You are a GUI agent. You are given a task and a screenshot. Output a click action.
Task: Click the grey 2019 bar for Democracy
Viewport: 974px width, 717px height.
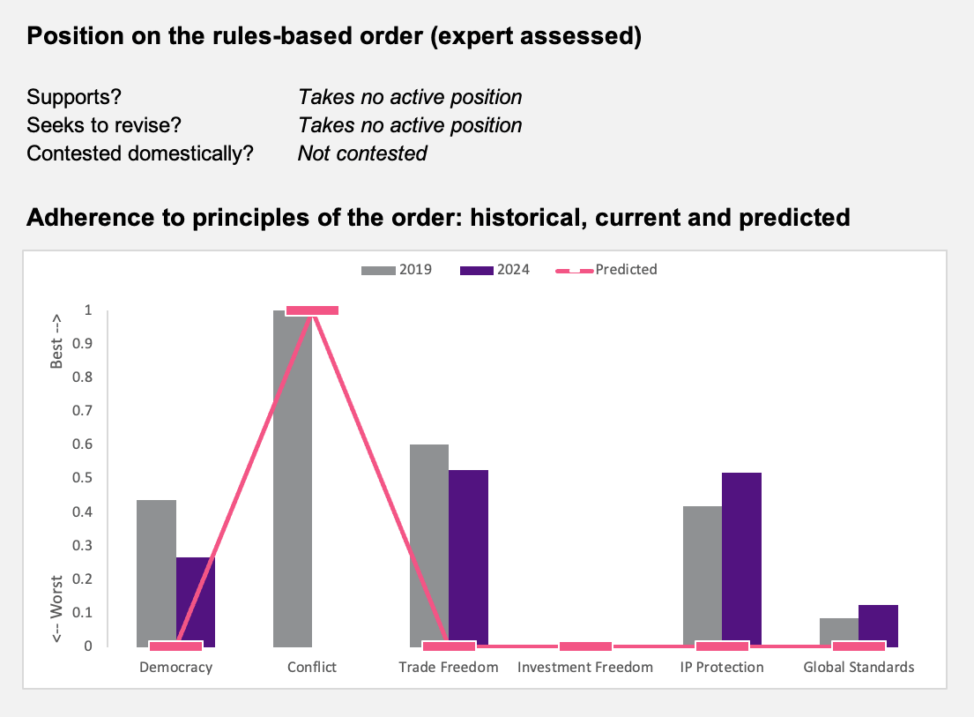tap(157, 573)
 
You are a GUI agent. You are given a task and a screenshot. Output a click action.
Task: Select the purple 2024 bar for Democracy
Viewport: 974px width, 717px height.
tap(196, 601)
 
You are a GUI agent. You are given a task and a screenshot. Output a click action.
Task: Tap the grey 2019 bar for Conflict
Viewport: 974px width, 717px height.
tap(293, 478)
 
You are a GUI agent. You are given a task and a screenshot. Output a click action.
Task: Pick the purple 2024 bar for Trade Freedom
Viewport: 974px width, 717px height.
tap(468, 558)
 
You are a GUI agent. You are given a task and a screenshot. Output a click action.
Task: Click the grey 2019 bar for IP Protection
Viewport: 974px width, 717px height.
tap(703, 576)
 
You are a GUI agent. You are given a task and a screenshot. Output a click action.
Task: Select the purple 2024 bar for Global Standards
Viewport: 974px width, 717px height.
tap(878, 625)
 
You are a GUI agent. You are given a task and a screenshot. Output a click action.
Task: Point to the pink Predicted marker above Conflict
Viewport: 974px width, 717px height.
tap(312, 310)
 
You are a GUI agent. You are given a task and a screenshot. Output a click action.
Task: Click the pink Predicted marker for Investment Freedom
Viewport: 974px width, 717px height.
tap(585, 646)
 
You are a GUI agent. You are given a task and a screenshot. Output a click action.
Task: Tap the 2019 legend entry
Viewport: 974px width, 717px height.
tap(397, 270)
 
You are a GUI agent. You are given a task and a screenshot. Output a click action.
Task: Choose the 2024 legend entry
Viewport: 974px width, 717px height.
tap(495, 270)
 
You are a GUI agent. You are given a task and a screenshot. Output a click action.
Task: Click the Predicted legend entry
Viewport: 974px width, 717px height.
tap(606, 270)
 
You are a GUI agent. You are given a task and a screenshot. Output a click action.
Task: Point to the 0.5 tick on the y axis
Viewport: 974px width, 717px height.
tap(83, 478)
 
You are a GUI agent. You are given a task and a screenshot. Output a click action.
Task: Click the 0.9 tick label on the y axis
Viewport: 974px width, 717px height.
tap(83, 344)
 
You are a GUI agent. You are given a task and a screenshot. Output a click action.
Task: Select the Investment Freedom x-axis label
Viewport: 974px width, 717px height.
tap(585, 668)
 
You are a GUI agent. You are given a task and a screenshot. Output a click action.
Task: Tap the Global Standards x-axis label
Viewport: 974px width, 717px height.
tap(859, 668)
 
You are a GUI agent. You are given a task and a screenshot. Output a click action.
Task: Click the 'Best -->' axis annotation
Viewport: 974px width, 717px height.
tap(56, 341)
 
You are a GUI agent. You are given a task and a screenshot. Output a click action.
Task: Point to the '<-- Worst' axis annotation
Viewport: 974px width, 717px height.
tap(56, 609)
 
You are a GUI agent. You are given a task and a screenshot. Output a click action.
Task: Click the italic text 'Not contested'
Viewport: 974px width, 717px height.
tap(363, 153)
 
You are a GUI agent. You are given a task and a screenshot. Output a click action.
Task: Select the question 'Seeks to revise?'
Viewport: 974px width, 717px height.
tap(104, 125)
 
